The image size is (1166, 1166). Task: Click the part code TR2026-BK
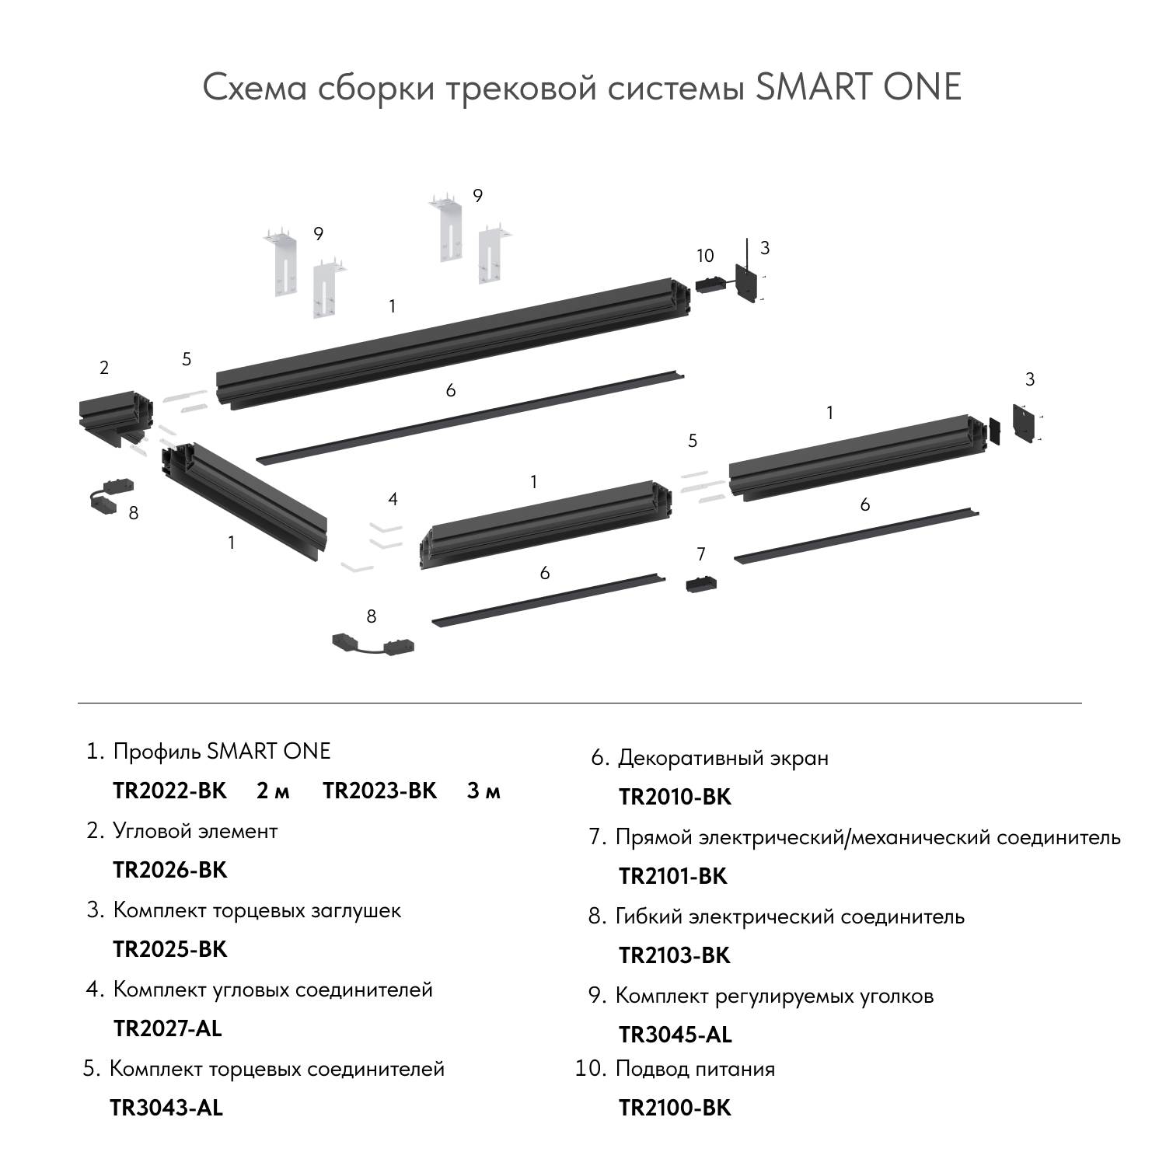[170, 870]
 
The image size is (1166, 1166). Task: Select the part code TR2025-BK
[170, 949]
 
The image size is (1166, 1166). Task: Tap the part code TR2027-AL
[168, 1028]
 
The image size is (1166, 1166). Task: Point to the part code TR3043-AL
[166, 1108]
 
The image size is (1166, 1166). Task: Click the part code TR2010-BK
[675, 797]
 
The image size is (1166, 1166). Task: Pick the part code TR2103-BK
[675, 955]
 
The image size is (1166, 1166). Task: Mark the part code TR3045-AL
[676, 1035]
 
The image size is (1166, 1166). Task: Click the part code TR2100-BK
[675, 1108]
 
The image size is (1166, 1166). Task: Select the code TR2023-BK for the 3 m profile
[380, 791]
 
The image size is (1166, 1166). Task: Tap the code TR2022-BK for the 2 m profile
[170, 791]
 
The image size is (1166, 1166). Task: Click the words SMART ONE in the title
[858, 87]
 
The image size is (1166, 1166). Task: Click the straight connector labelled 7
[701, 584]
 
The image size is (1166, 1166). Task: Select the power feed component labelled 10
[710, 285]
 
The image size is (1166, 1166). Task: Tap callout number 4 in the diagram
[393, 499]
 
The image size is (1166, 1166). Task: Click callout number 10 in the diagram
[705, 256]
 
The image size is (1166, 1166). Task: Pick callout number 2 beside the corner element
[104, 368]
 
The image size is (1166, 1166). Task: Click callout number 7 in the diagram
[701, 554]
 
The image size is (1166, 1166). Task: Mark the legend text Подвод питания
[695, 1069]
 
